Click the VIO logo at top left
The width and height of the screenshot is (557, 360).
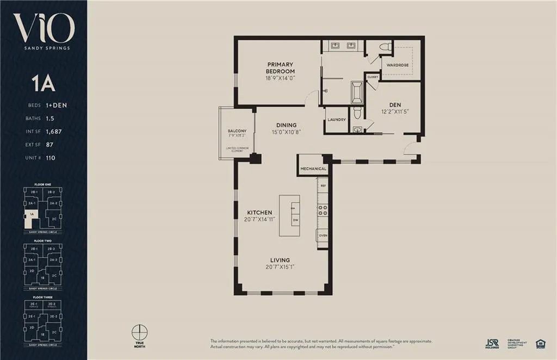point(44,28)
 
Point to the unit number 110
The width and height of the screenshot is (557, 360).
point(52,158)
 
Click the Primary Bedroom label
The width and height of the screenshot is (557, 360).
point(280,67)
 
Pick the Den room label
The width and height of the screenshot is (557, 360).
point(395,104)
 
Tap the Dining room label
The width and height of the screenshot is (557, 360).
point(286,125)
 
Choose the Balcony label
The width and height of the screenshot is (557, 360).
point(237,131)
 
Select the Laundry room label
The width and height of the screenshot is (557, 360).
point(337,120)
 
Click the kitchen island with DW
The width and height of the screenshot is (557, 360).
point(289,215)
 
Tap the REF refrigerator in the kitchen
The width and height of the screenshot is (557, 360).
point(323,186)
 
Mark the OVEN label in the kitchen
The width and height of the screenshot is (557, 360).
point(323,235)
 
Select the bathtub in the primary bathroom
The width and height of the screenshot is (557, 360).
point(357,92)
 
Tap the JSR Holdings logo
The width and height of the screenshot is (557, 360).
point(492,343)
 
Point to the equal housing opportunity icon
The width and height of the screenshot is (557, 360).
point(541,343)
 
